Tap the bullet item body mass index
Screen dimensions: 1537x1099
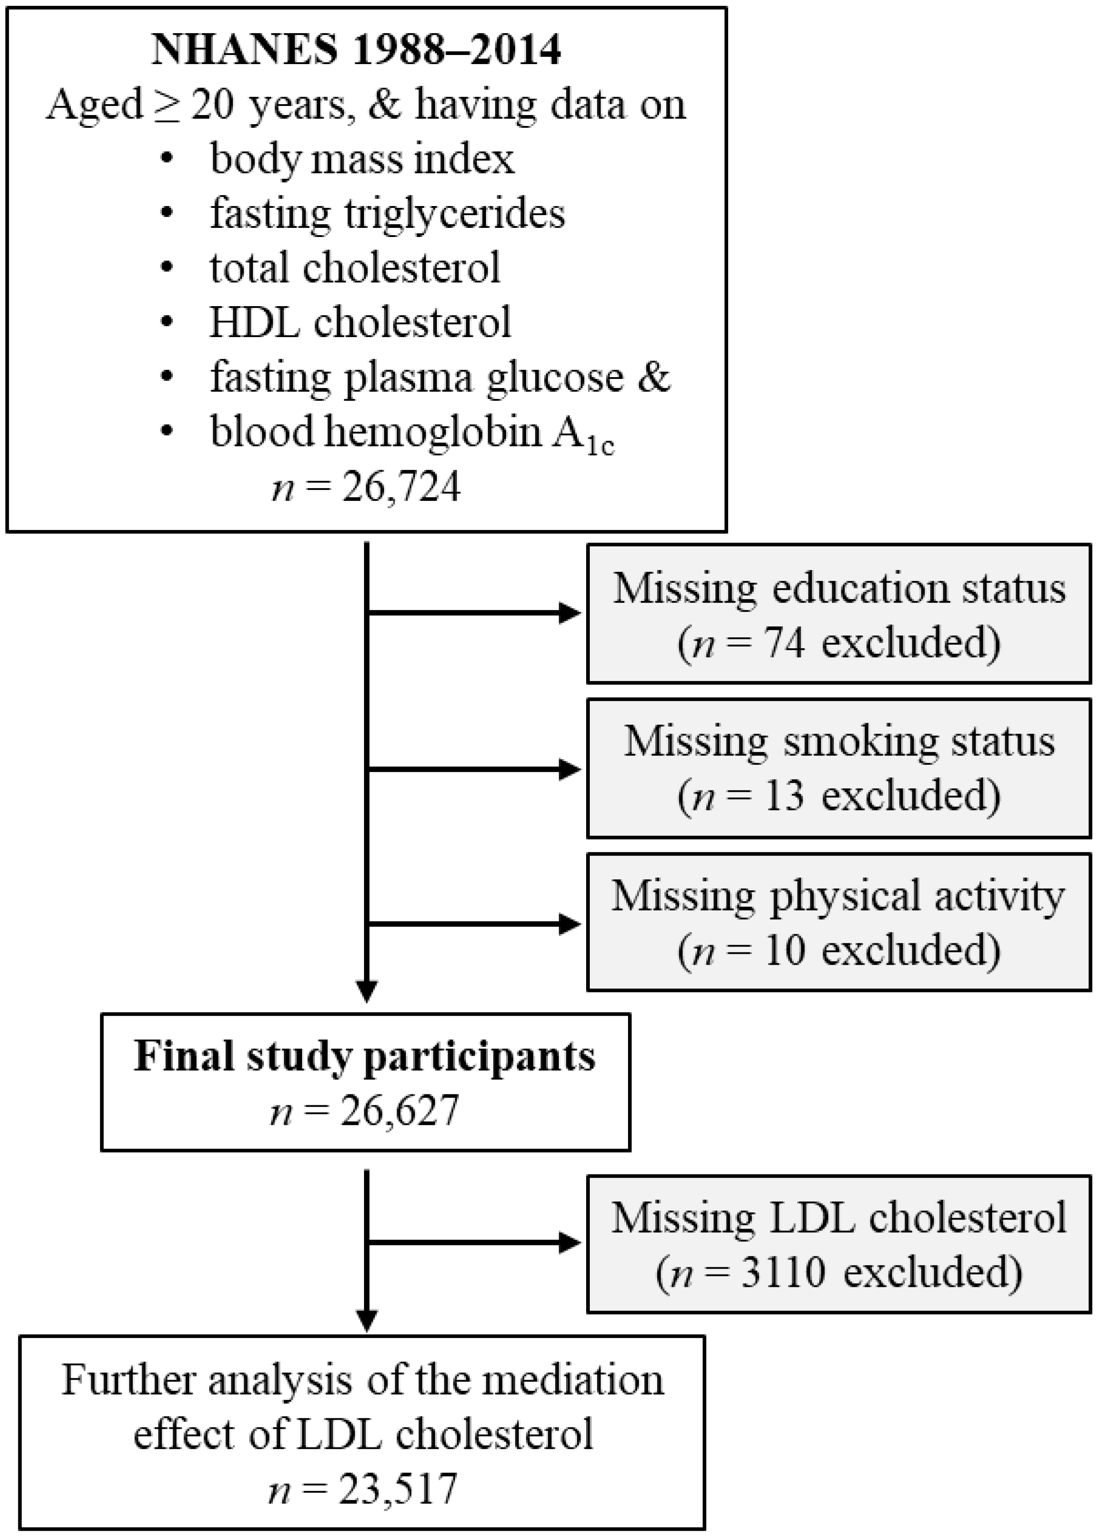[362, 159]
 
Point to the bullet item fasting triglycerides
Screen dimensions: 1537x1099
[387, 214]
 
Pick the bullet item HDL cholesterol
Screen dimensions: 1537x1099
[360, 322]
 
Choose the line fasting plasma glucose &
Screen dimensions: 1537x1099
[440, 377]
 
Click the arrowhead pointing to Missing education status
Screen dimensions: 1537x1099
[570, 614]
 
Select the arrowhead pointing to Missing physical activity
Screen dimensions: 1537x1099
[570, 924]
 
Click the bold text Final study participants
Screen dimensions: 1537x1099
[365, 1057]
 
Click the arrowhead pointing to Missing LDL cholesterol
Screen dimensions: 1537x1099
[570, 1242]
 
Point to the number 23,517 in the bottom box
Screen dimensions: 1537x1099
[398, 1488]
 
